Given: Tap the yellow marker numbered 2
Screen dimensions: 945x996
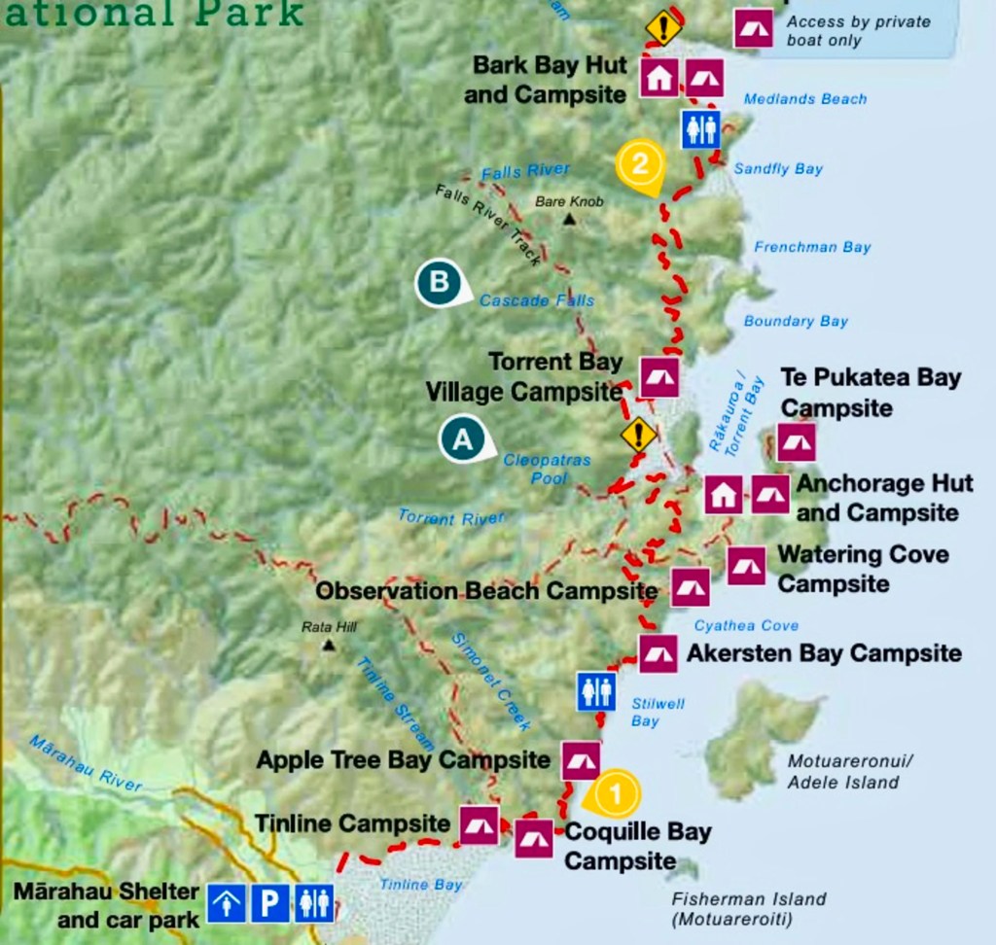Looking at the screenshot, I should pos(639,163).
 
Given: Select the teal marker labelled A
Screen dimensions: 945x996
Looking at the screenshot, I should pos(464,439).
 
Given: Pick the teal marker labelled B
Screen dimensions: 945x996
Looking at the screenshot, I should pos(440,283).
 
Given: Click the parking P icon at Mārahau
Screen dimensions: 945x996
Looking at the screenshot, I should pos(268,902).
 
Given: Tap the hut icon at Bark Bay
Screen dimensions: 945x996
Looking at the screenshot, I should pos(658,77).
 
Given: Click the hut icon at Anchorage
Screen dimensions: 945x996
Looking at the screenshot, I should pos(723,495).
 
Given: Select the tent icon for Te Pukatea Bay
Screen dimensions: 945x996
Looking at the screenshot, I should pos(796,442).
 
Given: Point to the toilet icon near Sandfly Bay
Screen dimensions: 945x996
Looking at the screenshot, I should pos(700,128).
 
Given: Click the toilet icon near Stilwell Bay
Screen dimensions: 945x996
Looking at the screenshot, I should pos(596,691).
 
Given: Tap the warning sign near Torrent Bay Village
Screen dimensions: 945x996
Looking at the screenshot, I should pos(639,434).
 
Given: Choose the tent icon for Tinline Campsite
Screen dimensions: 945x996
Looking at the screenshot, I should pos(479,825).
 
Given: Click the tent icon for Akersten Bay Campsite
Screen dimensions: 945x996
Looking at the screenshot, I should pos(658,654).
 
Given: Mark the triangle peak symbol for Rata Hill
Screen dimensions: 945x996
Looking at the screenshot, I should pos(329,645).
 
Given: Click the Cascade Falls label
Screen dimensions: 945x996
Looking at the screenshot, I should pos(536,300).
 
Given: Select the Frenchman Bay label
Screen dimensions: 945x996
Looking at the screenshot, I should pos(812,247).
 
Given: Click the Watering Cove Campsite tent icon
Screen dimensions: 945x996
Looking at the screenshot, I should pos(746,566).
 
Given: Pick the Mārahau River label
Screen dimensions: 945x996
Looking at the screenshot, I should pos(85,763).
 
